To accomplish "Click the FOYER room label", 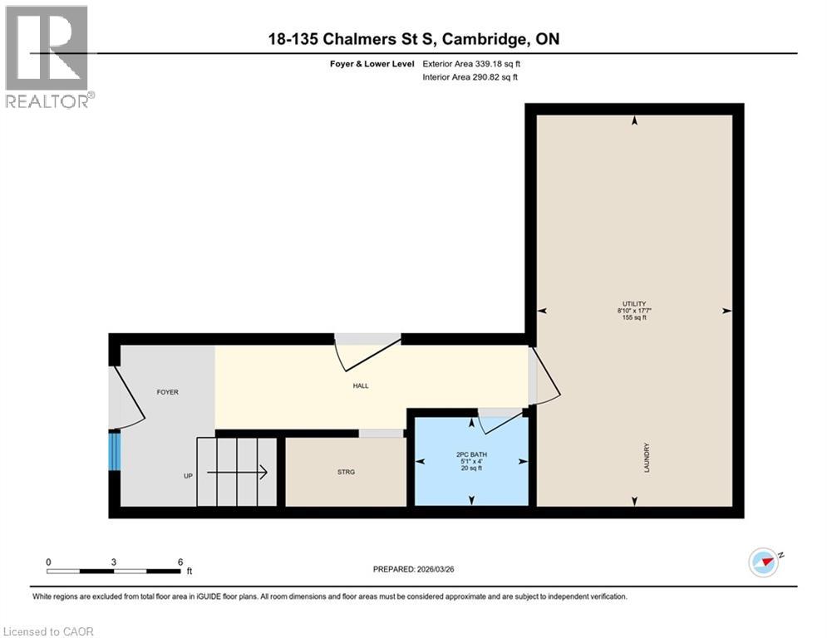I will [168, 392].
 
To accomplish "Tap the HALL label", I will [360, 385].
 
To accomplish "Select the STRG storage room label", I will [346, 472].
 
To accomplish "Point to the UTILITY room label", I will [635, 304].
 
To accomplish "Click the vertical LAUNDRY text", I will [646, 458].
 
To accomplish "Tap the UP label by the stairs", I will [188, 476].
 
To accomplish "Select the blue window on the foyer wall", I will [115, 451].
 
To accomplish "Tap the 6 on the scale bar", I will [180, 562].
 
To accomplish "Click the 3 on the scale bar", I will [113, 562].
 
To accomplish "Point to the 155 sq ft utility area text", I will [635, 318].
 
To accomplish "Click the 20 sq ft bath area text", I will [470, 469].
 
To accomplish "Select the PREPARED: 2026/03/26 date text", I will [413, 569].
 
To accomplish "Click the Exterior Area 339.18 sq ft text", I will [471, 64].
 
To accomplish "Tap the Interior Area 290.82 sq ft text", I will [470, 77].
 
